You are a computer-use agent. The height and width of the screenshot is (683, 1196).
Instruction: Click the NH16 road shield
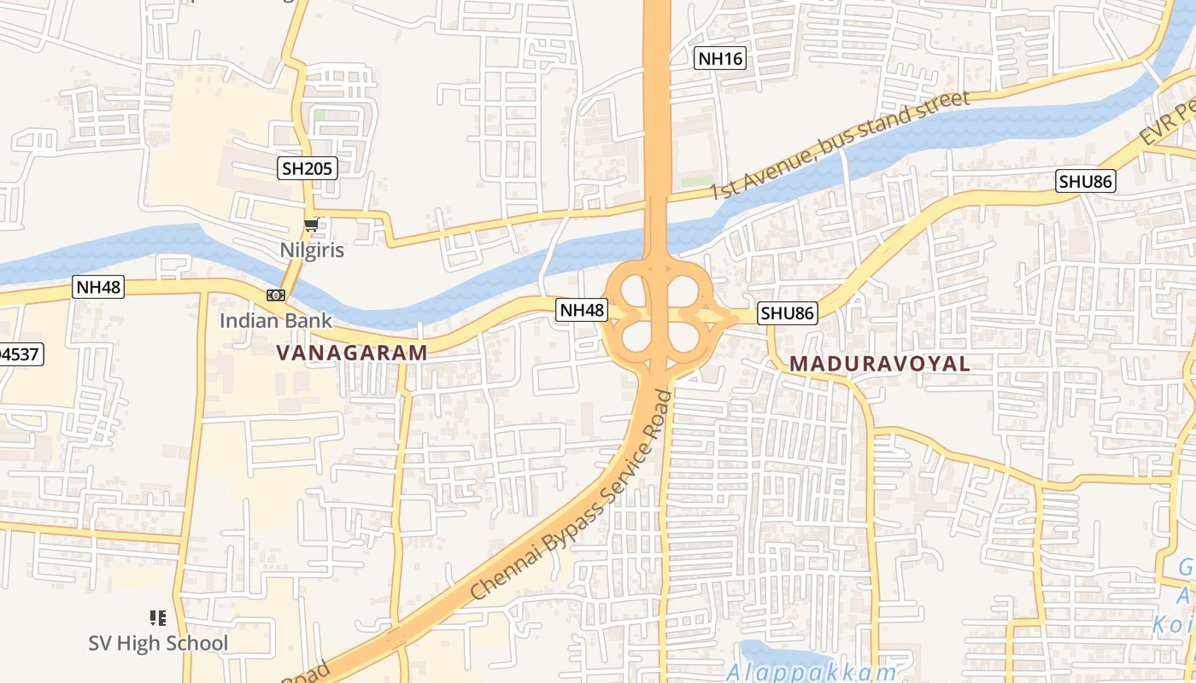720,58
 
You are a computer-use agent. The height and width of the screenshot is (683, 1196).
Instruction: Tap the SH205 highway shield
308,168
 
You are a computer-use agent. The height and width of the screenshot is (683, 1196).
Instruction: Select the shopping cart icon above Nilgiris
312,225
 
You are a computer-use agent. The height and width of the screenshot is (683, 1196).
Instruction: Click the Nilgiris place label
312,250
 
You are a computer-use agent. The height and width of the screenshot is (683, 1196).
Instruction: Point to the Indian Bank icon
275,295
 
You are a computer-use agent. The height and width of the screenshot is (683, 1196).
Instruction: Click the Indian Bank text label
276,320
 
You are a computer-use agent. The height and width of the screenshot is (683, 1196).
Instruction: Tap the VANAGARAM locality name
352,353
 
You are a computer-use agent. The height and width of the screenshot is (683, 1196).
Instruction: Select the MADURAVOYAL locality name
879,364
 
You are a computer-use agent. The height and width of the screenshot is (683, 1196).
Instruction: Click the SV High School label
158,643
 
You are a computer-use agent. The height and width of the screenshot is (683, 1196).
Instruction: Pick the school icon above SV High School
157,616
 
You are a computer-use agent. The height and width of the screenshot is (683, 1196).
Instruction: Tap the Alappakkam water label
812,671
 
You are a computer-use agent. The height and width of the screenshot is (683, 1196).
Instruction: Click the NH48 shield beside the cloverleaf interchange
582,310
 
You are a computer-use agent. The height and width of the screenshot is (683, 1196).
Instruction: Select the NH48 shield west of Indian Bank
99,287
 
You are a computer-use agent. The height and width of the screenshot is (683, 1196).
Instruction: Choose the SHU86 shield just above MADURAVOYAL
788,313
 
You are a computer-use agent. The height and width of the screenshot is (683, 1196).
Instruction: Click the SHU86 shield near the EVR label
1086,181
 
